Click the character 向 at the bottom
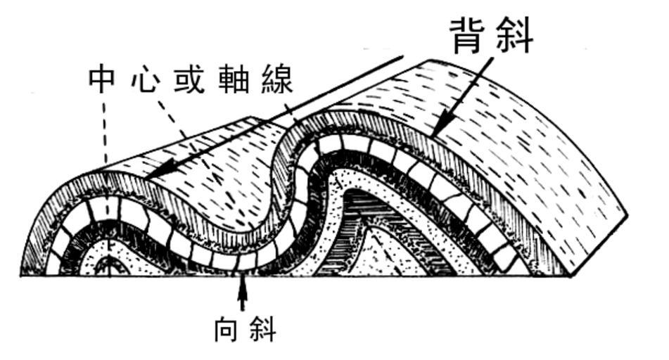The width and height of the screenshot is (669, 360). [x=226, y=329]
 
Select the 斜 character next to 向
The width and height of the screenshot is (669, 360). [x=262, y=329]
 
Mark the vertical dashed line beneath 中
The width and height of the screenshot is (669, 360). [x=106, y=130]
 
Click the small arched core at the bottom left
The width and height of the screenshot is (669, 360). [x=107, y=266]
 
